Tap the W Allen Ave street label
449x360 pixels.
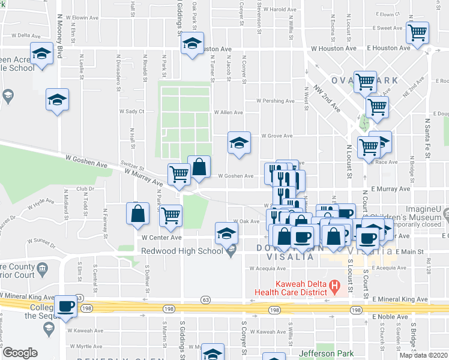229,112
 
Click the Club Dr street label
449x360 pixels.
86,189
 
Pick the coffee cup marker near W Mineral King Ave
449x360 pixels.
66,306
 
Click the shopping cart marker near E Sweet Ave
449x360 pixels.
417,32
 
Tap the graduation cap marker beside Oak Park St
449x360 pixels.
193,43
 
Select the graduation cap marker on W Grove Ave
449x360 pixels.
239,143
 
